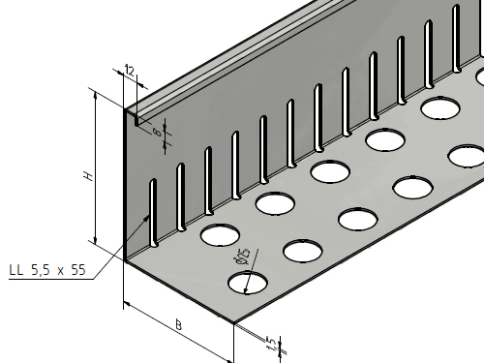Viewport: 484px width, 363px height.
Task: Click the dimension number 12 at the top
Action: (130, 71)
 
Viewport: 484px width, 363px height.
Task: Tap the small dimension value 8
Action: (157, 132)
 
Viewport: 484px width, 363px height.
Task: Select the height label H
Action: (88, 176)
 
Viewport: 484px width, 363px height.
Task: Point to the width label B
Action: (178, 324)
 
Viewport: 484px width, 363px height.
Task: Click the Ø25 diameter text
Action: (243, 256)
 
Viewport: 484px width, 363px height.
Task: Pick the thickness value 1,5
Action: (271, 343)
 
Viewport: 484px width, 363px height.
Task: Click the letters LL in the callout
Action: (16, 270)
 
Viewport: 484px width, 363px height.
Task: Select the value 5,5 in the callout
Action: (41, 270)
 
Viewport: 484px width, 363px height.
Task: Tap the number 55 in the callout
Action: (78, 270)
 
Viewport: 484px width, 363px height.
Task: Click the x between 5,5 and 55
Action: (60, 271)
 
